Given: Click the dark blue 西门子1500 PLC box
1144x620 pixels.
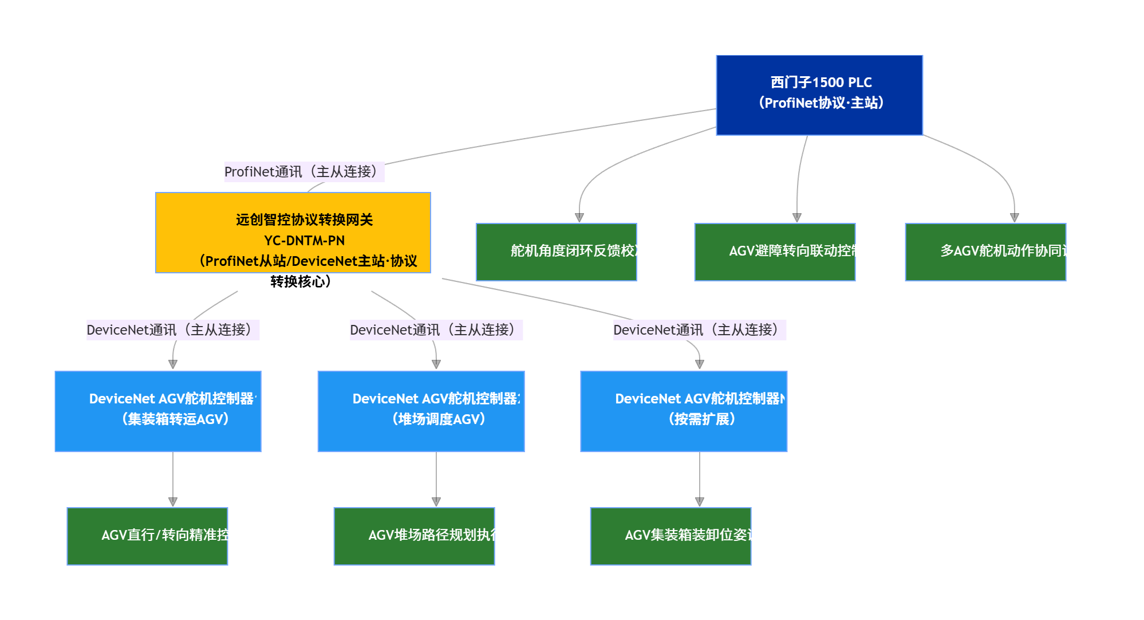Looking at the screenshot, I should coord(819,95).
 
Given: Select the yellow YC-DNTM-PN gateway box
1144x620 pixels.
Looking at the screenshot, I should coord(293,233).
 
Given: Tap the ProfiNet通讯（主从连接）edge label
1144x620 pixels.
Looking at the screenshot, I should coord(303,172).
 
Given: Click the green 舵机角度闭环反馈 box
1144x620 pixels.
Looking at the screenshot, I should coord(556,252).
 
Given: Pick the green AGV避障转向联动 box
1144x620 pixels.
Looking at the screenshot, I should coord(775,252).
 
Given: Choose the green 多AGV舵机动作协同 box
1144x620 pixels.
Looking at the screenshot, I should coord(985,252).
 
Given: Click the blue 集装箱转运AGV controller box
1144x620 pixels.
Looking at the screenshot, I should coord(158,411).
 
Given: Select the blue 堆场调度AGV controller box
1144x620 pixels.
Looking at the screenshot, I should coord(421,411).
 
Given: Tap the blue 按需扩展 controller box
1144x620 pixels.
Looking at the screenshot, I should coord(684,411).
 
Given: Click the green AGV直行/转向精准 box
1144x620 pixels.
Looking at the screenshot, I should coord(147,536).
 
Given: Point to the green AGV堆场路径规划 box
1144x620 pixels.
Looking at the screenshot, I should coord(414,536).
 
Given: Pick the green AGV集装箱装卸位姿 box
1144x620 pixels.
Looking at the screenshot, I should coord(670,536).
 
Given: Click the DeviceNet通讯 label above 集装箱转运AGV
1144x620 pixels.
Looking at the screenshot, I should coord(172,330).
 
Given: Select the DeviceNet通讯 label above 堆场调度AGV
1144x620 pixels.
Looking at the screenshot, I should coord(436,330).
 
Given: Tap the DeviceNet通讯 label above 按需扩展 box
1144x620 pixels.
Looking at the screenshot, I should coord(699,330).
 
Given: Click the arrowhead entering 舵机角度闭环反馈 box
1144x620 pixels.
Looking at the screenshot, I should coord(579,218).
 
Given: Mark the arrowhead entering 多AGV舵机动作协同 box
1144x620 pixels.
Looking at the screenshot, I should coord(1015,218).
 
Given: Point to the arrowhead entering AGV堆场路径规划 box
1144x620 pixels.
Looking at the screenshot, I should coord(436,501).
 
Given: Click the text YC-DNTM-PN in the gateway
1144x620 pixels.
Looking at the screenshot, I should coord(304,241).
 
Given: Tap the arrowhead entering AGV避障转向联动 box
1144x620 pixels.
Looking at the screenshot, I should coord(797,218).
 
